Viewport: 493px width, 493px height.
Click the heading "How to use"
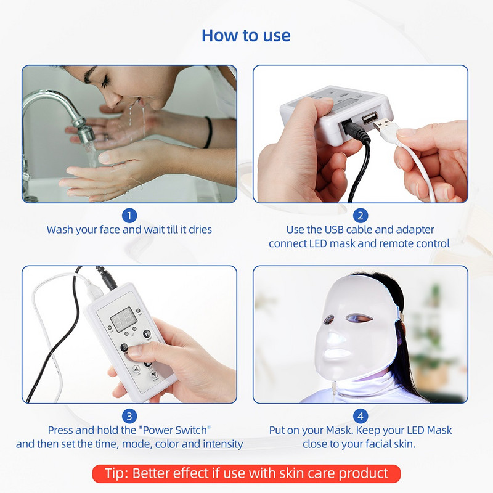point(246,35)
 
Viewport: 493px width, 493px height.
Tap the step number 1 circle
point(129,215)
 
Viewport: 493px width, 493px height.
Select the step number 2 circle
point(361,215)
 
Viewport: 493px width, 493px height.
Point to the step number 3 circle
point(129,416)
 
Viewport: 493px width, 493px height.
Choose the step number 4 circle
point(361,416)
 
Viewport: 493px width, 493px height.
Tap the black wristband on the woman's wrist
point(210,132)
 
